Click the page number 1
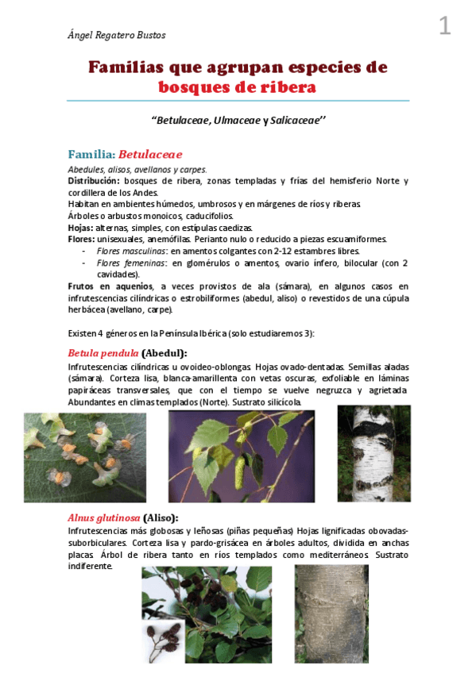click(x=444, y=27)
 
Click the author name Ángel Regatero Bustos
click(x=117, y=35)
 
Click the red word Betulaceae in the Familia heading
click(x=150, y=154)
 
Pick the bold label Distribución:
click(x=95, y=181)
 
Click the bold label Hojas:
click(x=81, y=227)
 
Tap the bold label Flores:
click(x=82, y=239)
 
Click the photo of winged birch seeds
click(x=85, y=457)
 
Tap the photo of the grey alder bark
click(x=331, y=614)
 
